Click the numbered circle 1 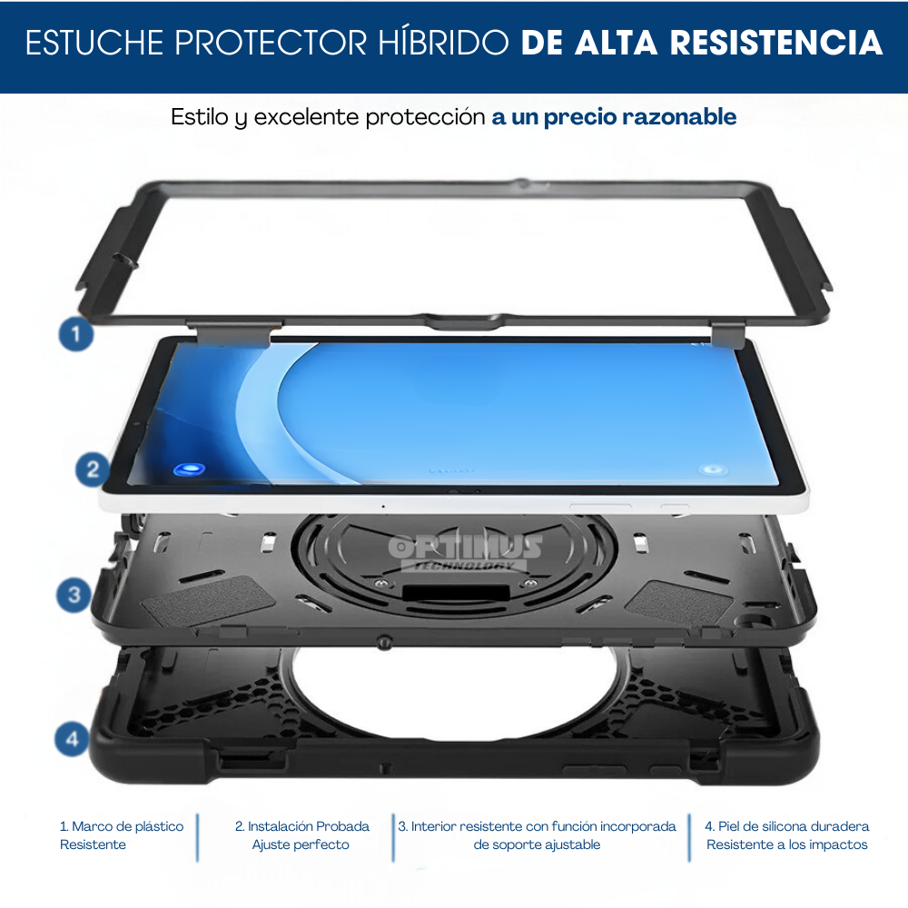[76, 334]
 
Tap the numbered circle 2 [93, 469]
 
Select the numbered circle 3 [74, 595]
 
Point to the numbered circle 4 [72, 739]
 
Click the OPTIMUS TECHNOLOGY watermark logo [465, 552]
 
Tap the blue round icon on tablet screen [190, 469]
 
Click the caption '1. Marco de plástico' [122, 826]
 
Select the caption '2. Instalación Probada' [302, 826]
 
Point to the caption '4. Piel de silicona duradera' [787, 826]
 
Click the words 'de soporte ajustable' [537, 844]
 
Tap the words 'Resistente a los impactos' [787, 844]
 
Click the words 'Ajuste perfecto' [301, 844]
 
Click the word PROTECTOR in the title [271, 43]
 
